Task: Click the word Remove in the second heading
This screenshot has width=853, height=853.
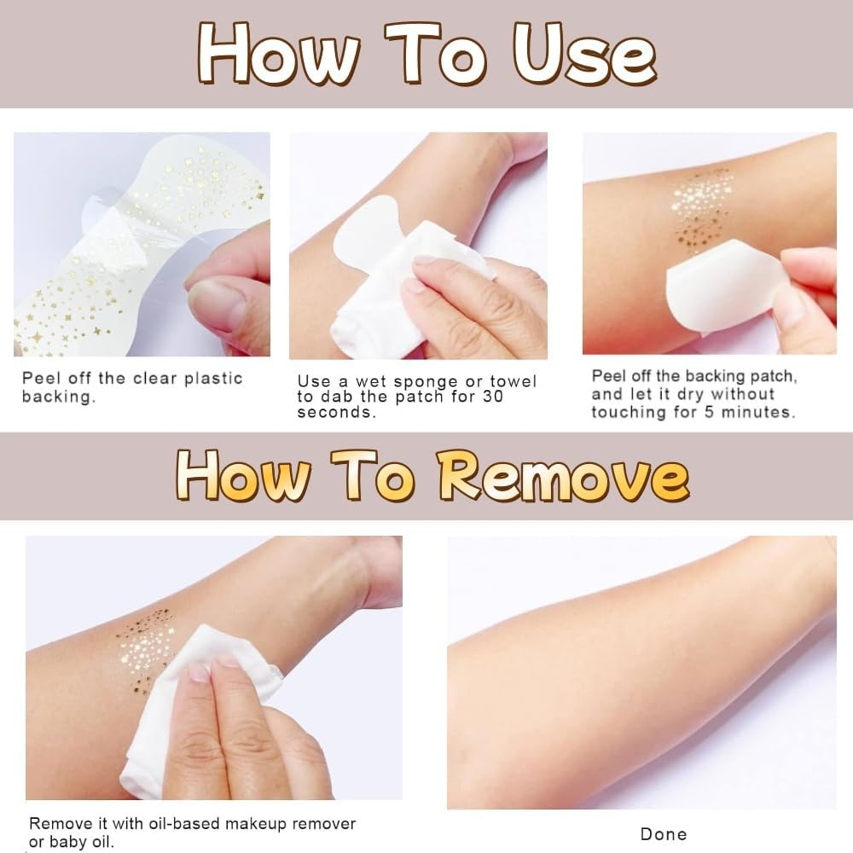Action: coord(564,475)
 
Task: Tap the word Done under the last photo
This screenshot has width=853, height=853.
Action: coord(664,834)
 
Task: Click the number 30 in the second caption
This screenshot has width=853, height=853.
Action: coord(493,396)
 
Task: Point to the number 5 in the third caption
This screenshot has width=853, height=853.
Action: coord(710,412)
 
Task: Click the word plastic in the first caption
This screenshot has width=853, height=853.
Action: coord(214,378)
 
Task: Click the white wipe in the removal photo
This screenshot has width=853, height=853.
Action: coord(196,707)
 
